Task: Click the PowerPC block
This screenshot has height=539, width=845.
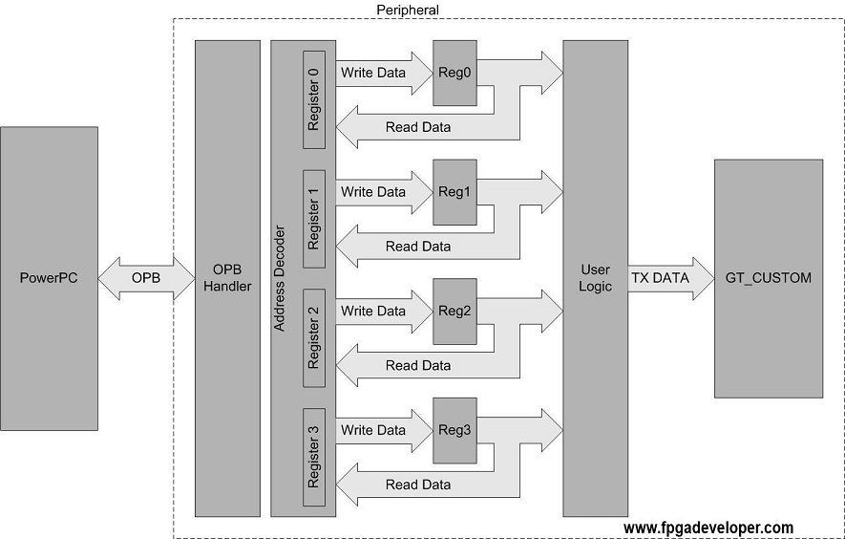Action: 49,278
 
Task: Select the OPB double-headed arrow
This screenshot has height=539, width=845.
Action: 146,278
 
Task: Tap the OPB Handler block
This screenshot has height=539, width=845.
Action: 227,278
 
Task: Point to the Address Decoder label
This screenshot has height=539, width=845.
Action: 279,278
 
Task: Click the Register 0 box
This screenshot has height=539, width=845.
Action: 314,99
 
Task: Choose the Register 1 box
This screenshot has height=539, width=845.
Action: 314,219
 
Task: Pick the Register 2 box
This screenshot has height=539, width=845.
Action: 314,338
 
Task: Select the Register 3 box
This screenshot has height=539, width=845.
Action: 314,458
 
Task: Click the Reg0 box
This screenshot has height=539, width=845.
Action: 454,73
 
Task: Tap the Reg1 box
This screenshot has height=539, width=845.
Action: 454,192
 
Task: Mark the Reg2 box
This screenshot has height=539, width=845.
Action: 454,312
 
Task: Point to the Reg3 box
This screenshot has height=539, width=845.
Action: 454,431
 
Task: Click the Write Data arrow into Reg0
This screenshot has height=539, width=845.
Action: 384,73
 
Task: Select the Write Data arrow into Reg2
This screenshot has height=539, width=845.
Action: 384,312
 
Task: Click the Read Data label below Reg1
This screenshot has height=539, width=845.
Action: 418,247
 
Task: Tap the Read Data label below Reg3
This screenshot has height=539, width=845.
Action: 418,485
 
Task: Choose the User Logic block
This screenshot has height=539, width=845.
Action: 596,278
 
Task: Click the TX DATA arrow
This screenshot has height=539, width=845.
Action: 671,278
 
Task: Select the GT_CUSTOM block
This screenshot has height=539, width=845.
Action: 769,278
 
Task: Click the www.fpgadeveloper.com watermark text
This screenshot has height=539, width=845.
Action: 708,528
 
